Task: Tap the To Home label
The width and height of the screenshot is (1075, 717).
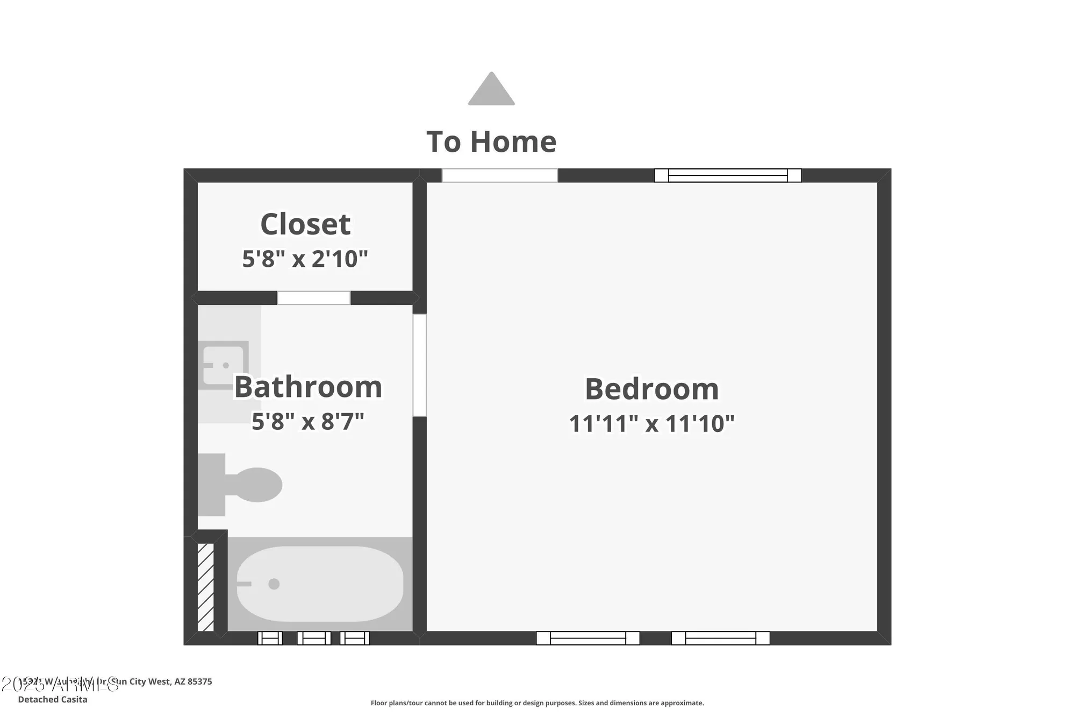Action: click(491, 142)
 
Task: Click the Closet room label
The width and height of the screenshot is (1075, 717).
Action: click(305, 224)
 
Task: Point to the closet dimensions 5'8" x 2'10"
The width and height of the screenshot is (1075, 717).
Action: click(305, 259)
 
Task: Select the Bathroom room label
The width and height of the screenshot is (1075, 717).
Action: click(308, 387)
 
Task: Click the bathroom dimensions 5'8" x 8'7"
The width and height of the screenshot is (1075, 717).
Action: click(308, 421)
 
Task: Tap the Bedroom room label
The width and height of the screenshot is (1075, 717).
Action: click(651, 389)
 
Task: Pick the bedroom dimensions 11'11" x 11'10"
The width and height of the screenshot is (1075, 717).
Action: click(651, 423)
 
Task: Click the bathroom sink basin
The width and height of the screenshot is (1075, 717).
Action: click(224, 365)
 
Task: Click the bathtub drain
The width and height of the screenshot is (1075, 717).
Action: click(274, 584)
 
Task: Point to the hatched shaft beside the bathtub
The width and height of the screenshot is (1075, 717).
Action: click(205, 587)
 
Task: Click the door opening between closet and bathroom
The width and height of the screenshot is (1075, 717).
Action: click(314, 298)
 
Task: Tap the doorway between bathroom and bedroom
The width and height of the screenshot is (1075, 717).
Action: click(419, 365)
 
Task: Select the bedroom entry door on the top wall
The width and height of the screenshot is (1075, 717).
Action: click(499, 175)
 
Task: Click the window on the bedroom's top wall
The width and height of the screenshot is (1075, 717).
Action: click(728, 175)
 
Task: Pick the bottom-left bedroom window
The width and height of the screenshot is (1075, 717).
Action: click(587, 638)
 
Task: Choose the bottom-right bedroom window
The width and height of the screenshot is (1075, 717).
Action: click(720, 638)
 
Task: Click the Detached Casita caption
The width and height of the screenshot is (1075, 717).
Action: click(53, 699)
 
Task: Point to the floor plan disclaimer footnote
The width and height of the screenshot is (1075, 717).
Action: click(537, 703)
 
